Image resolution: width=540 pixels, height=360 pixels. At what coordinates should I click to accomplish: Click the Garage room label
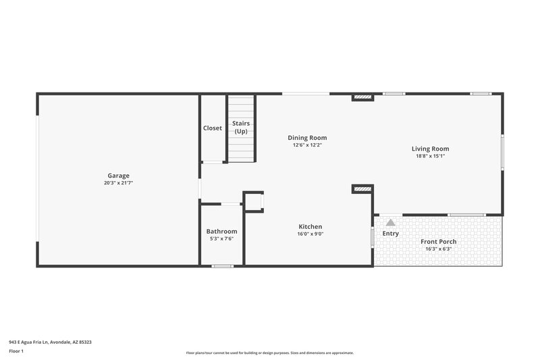[x=118, y=176]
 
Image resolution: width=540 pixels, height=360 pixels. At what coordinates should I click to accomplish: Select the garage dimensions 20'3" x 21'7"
[x=118, y=183]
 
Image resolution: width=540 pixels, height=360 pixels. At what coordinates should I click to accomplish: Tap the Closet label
[x=213, y=128]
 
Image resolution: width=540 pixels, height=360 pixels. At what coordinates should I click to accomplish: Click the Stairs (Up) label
[x=241, y=127]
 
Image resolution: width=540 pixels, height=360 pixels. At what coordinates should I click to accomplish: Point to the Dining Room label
[x=307, y=138]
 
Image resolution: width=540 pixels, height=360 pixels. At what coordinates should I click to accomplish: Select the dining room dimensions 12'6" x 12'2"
[x=307, y=145]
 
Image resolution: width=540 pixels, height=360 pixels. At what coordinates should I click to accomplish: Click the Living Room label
[x=431, y=149]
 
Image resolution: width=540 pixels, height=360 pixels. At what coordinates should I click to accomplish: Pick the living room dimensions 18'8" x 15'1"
[x=431, y=156]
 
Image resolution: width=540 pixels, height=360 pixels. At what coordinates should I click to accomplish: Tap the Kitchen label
[x=310, y=226]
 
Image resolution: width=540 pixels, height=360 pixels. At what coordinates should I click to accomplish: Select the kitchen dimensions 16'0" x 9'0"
[x=310, y=234]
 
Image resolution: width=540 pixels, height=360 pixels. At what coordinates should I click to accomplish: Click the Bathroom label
[x=221, y=232]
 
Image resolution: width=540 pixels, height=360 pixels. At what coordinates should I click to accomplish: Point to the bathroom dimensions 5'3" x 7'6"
[x=221, y=239]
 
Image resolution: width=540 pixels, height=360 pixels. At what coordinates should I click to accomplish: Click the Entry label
[x=390, y=234]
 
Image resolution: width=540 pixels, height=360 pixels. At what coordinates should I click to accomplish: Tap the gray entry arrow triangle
[x=390, y=222]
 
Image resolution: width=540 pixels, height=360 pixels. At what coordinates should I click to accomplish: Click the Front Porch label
[x=439, y=242]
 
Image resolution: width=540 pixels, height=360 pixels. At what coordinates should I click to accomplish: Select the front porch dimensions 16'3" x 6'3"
[x=439, y=249]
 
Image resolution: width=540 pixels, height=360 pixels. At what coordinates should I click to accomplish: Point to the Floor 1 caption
[x=17, y=352]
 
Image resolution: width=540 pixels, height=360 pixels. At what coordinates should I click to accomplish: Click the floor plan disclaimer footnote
[x=269, y=353]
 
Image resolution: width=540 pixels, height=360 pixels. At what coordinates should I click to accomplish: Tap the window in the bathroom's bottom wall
[x=222, y=266]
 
